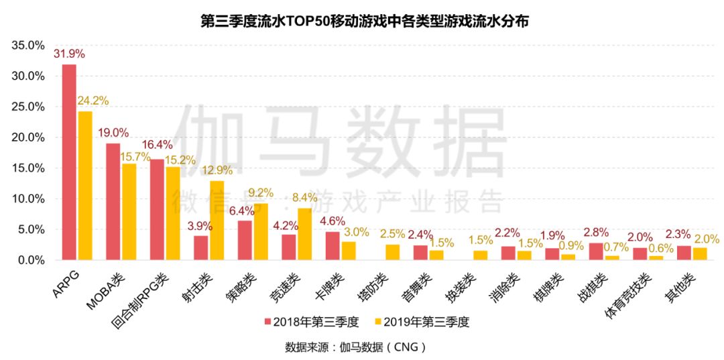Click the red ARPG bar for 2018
tap(69, 162)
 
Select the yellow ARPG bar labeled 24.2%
tap(85, 186)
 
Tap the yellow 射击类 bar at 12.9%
tap(217, 221)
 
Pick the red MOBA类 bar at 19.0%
tap(113, 202)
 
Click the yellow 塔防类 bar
tap(392, 253)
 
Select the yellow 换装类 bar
tap(480, 255)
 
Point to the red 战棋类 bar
tap(596, 251)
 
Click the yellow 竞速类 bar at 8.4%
tap(304, 235)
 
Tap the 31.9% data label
tap(69, 54)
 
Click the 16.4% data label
tap(157, 144)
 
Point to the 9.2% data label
tap(261, 192)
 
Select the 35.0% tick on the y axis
tap(28, 45)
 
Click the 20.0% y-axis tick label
tap(28, 137)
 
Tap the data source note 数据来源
tap(355, 346)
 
